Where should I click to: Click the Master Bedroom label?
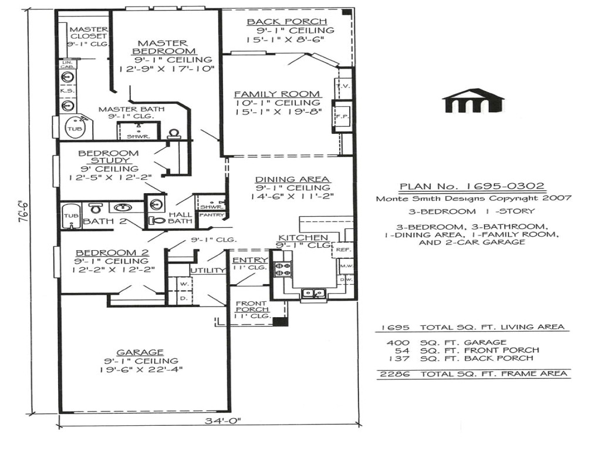[163, 48]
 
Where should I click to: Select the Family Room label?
[278, 94]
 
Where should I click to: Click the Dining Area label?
[292, 180]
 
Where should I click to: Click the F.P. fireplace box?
[342, 116]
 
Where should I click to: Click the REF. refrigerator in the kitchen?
[342, 250]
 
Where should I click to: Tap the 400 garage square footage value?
[397, 342]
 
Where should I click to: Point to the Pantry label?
[208, 215]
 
